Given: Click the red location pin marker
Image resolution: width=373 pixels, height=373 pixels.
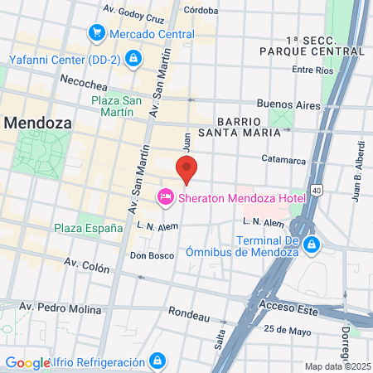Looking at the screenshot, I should (x=186, y=170).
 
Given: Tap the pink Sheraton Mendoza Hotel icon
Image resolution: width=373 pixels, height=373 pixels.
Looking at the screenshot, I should (x=165, y=196).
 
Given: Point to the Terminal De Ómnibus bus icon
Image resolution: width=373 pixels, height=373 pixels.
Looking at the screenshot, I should (x=312, y=245).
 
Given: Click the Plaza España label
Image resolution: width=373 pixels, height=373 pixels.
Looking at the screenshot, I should (x=88, y=228).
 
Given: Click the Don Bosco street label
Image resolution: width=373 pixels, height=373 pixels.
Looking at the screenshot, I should (x=152, y=255).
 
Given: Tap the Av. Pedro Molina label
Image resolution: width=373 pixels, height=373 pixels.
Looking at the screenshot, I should (x=74, y=309).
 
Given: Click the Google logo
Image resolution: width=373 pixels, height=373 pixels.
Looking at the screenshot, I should (x=27, y=362).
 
